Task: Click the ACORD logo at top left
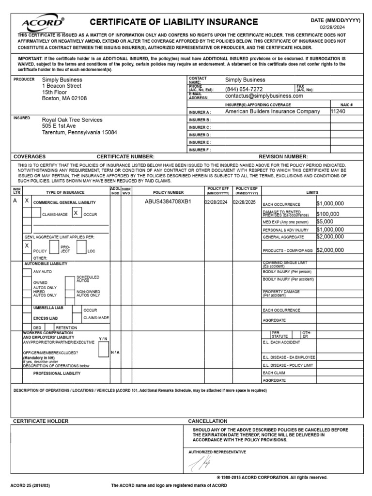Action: pyautogui.click(x=43, y=23)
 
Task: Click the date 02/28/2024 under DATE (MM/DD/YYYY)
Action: pyautogui.click(x=335, y=28)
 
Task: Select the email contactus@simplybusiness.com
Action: pyautogui.click(x=264, y=96)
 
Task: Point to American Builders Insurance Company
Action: pyautogui.click(x=272, y=111)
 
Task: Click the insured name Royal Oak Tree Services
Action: pyautogui.click(x=72, y=120)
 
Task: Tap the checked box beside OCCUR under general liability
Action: pyautogui.click(x=76, y=213)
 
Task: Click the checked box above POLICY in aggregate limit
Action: pyautogui.click(x=27, y=246)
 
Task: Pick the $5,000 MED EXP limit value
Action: pyautogui.click(x=325, y=221)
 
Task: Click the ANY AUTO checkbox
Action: pyautogui.click(x=27, y=271)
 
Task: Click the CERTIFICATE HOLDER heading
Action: pyautogui.click(x=41, y=421)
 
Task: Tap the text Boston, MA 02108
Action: pyautogui.click(x=64, y=98)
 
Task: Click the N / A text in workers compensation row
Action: pyautogui.click(x=115, y=352)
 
